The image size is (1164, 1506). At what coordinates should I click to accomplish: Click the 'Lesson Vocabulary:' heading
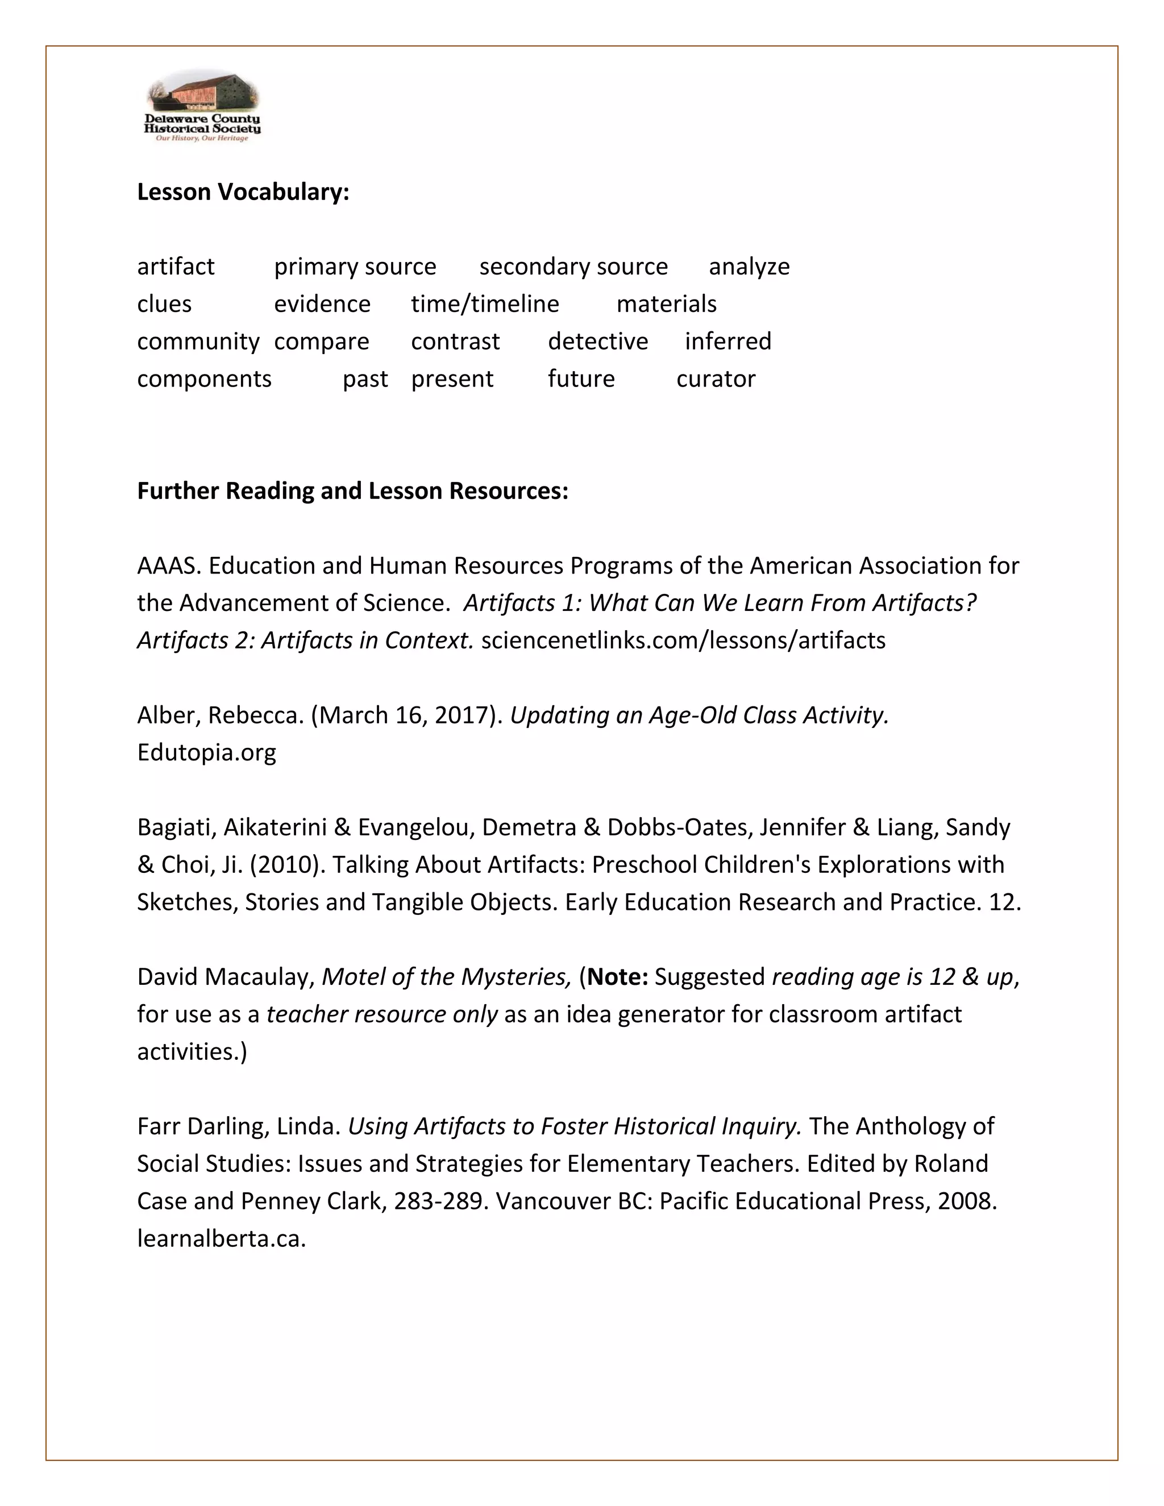tap(243, 192)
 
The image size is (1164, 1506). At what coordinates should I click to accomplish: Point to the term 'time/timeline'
tap(485, 303)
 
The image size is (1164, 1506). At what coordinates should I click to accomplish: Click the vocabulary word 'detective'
tap(598, 342)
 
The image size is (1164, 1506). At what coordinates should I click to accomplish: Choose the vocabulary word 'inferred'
tap(727, 342)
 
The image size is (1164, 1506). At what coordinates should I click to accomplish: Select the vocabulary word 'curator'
tap(716, 378)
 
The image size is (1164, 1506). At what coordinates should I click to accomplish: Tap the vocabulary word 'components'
tap(204, 378)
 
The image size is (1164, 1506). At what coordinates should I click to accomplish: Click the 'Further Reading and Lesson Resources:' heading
tap(352, 491)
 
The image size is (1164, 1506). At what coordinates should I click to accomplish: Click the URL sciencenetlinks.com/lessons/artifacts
tap(683, 640)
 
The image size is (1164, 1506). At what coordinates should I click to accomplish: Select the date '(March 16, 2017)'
tap(407, 715)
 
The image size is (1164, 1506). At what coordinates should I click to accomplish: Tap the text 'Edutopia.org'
tap(206, 752)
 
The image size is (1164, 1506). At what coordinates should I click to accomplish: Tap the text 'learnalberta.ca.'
tap(221, 1238)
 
